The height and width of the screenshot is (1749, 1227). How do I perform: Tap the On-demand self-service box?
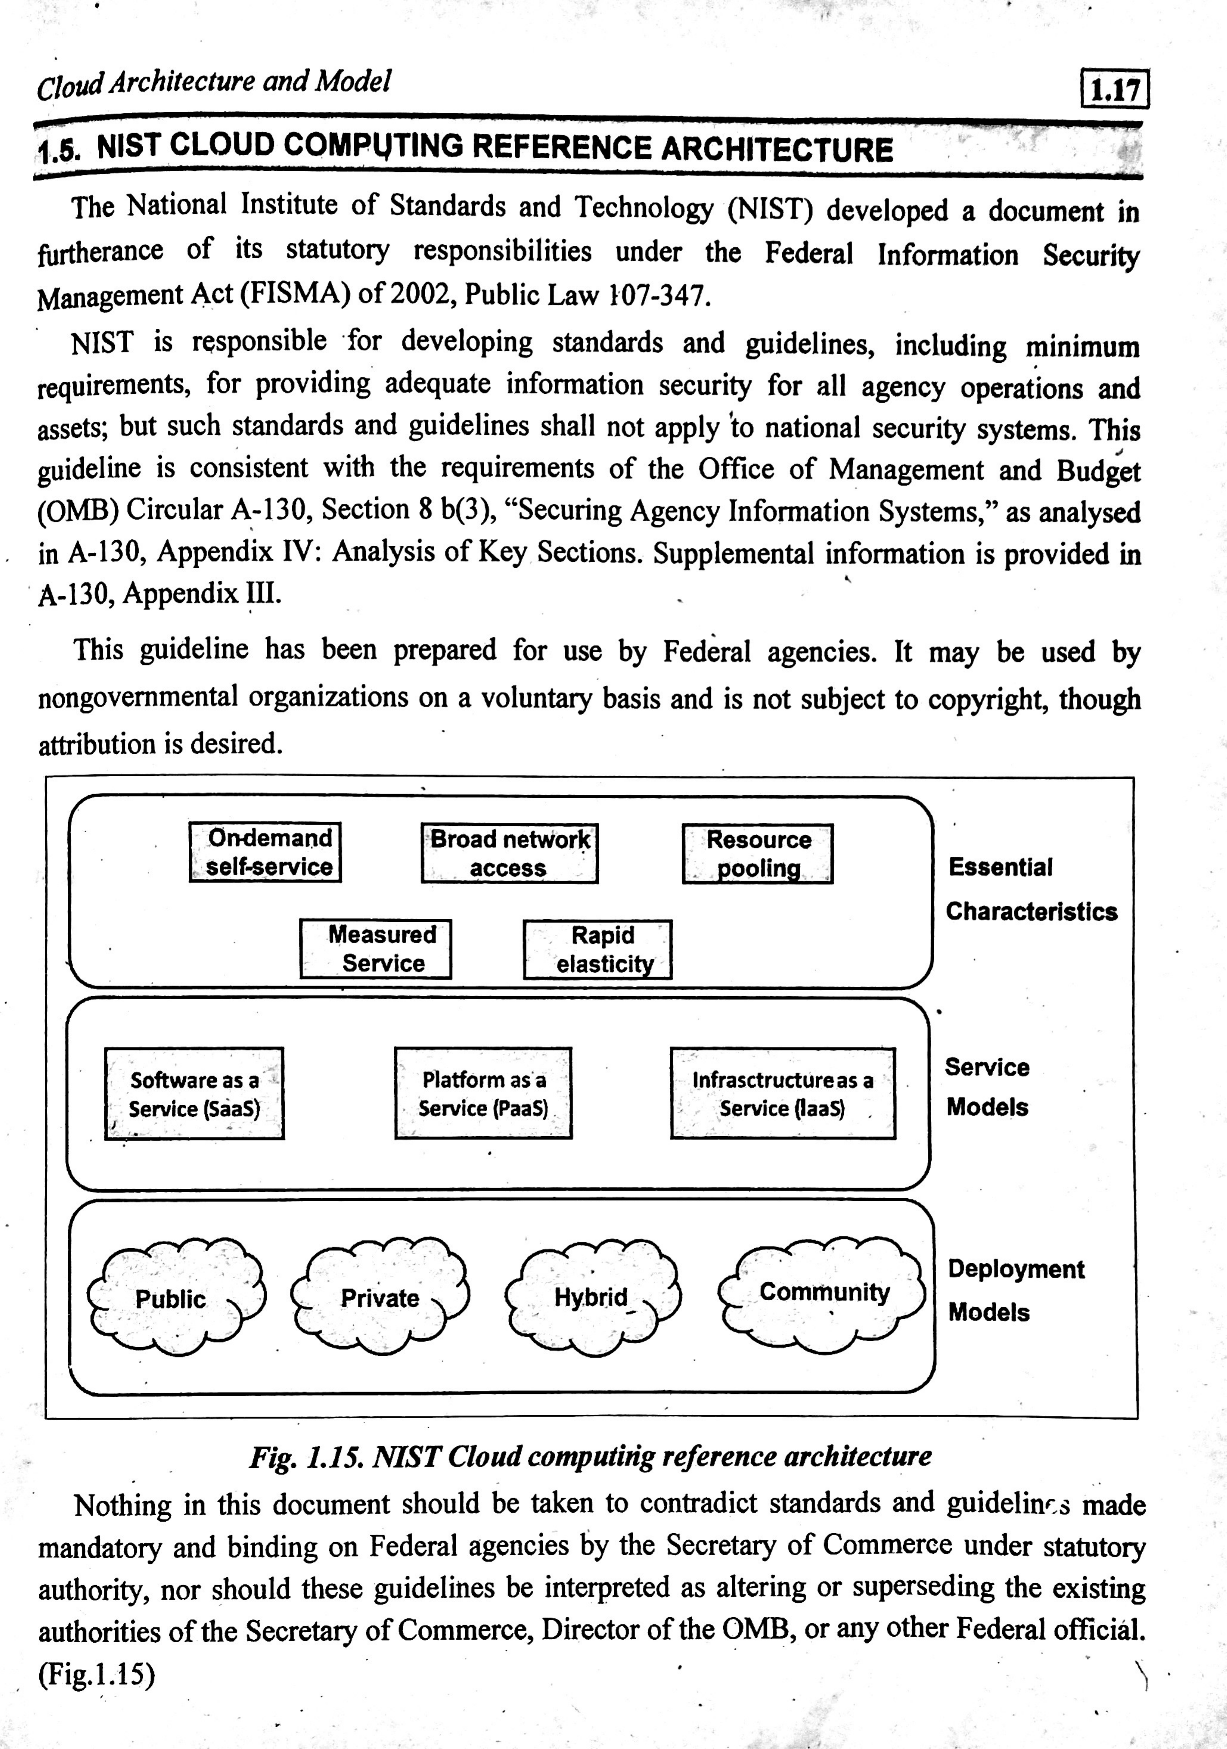(265, 852)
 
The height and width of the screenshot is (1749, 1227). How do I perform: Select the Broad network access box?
(510, 853)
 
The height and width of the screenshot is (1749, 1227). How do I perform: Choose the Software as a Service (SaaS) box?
(194, 1094)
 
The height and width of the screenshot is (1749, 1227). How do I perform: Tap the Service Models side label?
(987, 1087)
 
